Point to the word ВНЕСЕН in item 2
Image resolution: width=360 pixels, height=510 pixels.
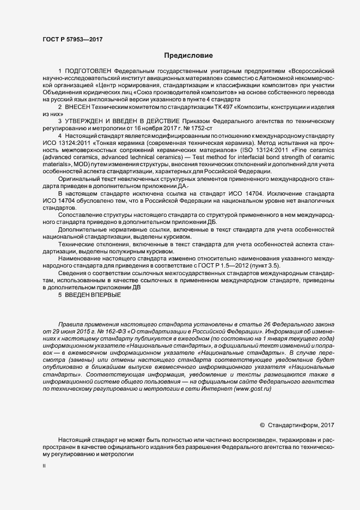tap(78, 107)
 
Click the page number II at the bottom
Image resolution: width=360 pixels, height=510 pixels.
tap(44, 466)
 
